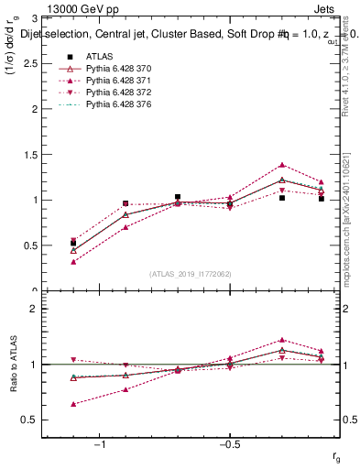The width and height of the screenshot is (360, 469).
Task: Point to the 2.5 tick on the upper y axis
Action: pyautogui.click(x=44, y=63)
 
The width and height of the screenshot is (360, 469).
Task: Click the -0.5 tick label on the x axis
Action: pyautogui.click(x=229, y=444)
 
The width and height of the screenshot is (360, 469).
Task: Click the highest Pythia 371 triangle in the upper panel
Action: pyautogui.click(x=282, y=165)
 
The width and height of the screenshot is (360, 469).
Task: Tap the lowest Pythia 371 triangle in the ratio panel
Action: pyautogui.click(x=73, y=404)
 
